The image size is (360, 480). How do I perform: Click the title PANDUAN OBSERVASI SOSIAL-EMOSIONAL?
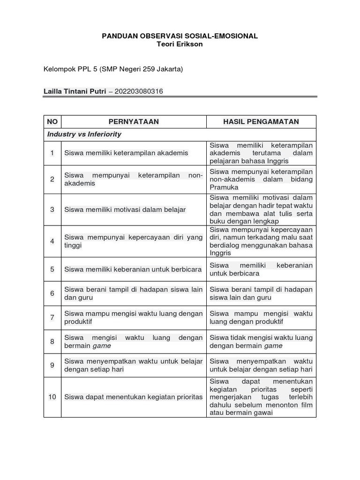pyautogui.click(x=180, y=36)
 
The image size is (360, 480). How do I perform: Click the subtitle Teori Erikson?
pyautogui.click(x=180, y=44)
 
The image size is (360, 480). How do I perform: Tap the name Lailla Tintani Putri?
pyautogui.click(x=75, y=91)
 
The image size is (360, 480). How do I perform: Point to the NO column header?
pyautogui.click(x=52, y=122)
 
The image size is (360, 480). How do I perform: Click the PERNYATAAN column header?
pyautogui.click(x=134, y=122)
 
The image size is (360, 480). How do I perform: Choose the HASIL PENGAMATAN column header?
pyautogui.click(x=261, y=122)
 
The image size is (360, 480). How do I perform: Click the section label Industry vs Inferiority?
pyautogui.click(x=84, y=134)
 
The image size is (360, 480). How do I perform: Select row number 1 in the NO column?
pyautogui.click(x=52, y=153)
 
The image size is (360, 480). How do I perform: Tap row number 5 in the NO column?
pyautogui.click(x=52, y=270)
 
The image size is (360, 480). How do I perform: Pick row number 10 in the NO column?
pyautogui.click(x=52, y=397)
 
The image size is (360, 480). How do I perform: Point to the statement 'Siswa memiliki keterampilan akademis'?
pyautogui.click(x=126, y=153)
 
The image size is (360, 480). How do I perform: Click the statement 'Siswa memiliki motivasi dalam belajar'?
pyautogui.click(x=125, y=210)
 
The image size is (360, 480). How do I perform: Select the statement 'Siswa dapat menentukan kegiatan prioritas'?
pyautogui.click(x=134, y=397)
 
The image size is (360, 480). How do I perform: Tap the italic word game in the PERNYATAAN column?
pyautogui.click(x=102, y=346)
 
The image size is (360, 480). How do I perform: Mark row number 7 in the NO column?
pyautogui.click(x=52, y=318)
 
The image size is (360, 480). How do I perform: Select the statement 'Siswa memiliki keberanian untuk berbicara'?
pyautogui.click(x=133, y=270)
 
